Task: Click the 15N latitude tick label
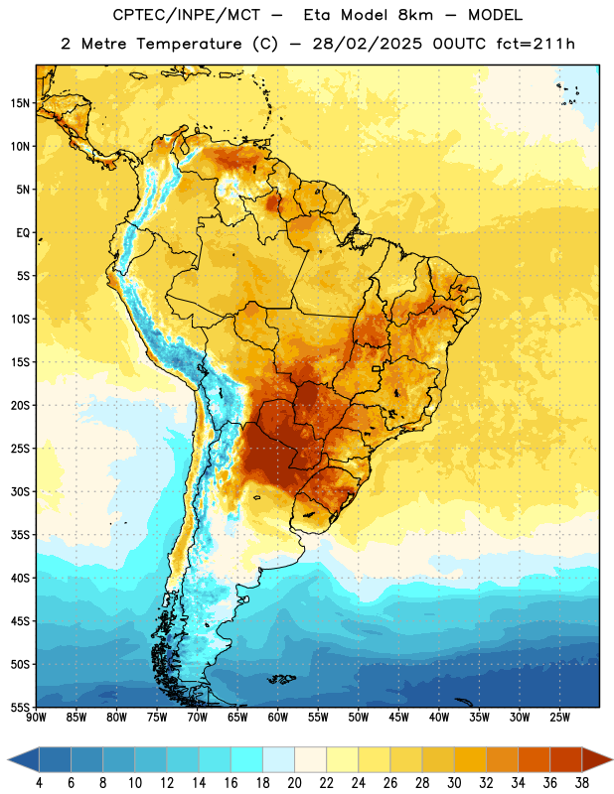coord(20,103)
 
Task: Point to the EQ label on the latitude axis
coord(23,233)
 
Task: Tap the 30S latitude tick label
coord(20,491)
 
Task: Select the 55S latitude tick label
coord(20,707)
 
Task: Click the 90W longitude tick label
coord(36,718)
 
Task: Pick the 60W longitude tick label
coord(278,718)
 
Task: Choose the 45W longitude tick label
coord(398,718)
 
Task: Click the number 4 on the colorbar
coord(39,783)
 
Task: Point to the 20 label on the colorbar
coord(294,783)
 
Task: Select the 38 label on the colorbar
coord(582,783)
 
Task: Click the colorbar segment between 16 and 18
coord(247,759)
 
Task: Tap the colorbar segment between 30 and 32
coord(470,759)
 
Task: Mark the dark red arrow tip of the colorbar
coord(612,759)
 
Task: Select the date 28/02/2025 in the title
coord(367,44)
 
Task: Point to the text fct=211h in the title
coord(535,44)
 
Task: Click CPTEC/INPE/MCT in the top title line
coord(187,15)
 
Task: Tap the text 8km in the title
coord(415,15)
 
